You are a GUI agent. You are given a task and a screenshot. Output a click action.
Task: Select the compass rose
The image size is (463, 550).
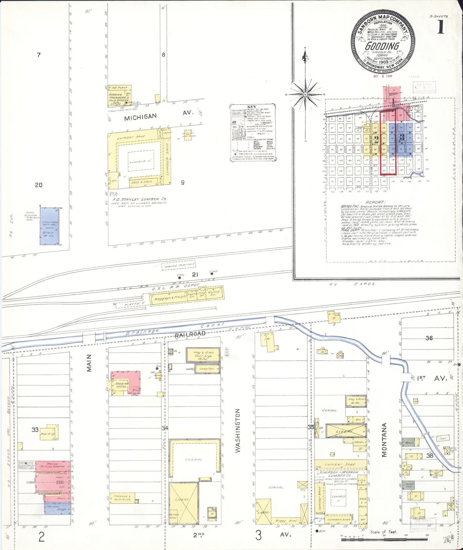305,94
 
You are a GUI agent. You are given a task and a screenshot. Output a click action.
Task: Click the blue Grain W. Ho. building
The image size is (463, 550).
49,226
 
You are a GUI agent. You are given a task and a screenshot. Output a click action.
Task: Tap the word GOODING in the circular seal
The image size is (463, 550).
382,46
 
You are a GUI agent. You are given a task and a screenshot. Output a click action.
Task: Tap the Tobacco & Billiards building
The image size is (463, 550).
122,498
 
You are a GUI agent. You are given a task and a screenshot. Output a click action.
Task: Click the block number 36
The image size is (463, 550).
429,338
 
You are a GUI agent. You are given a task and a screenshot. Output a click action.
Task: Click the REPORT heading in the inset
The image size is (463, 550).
375,202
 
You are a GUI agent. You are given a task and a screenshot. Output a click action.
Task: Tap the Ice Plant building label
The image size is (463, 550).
120,87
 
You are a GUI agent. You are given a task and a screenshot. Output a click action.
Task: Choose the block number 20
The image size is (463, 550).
39,185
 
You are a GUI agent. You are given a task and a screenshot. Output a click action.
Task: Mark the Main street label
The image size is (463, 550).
89,363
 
